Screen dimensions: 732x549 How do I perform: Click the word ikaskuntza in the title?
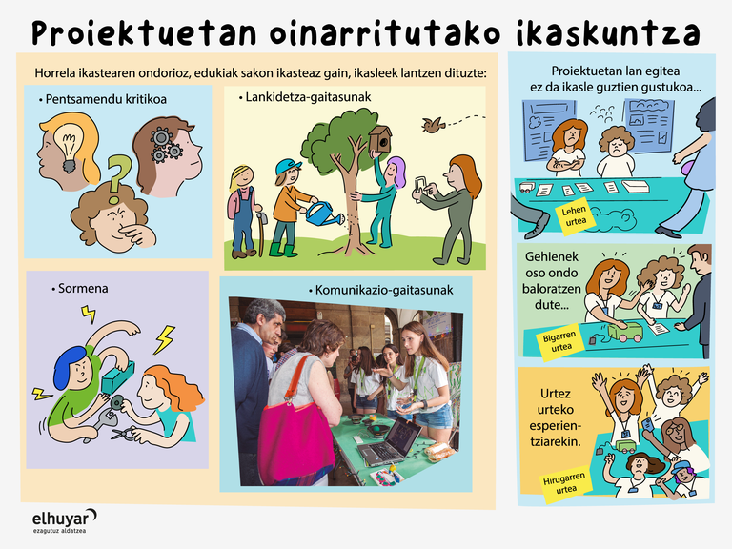tap(608, 33)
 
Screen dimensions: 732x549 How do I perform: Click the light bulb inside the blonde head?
tap(69, 145)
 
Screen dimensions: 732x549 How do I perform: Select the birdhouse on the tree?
tap(380, 138)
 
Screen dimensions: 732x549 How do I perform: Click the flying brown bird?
tap(433, 125)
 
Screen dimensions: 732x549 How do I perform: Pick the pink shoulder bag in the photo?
tap(295, 438)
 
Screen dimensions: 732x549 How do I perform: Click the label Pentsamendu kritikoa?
tap(103, 99)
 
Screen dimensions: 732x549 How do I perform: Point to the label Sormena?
tap(80, 289)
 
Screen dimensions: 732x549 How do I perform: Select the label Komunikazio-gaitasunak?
tap(381, 290)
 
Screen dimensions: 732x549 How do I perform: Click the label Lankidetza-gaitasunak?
tap(305, 97)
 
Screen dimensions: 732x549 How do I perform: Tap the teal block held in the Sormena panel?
tap(117, 376)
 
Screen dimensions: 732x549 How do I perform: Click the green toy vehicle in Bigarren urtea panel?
tap(625, 331)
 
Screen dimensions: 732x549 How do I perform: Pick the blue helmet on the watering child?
tap(287, 166)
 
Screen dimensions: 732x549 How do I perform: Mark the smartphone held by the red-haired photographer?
tap(420, 183)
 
